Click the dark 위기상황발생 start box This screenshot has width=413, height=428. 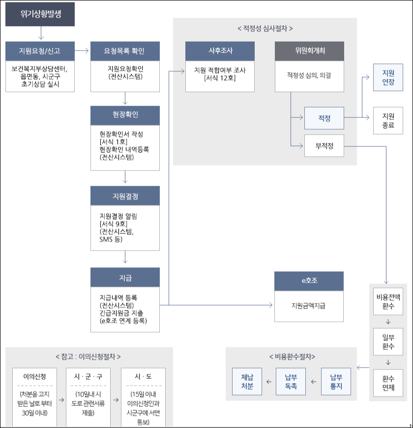coord(40,14)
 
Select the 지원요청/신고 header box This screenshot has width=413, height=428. coord(40,51)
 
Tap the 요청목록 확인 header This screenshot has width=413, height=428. coord(125,51)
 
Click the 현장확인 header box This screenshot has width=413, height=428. coord(125,114)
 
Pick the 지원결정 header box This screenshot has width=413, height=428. coord(125,196)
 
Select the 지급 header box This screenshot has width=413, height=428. coord(125,277)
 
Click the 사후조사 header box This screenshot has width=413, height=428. coord(220,51)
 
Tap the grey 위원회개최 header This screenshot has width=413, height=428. coord(309,51)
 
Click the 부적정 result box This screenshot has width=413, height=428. coord(324,145)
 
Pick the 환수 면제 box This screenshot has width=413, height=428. coord(388,383)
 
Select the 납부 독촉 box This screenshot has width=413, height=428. coord(291,381)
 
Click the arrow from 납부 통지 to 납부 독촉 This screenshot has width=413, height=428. coord(313,381)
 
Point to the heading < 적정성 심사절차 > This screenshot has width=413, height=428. coord(265,28)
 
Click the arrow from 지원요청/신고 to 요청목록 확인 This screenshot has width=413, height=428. coord(83,51)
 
